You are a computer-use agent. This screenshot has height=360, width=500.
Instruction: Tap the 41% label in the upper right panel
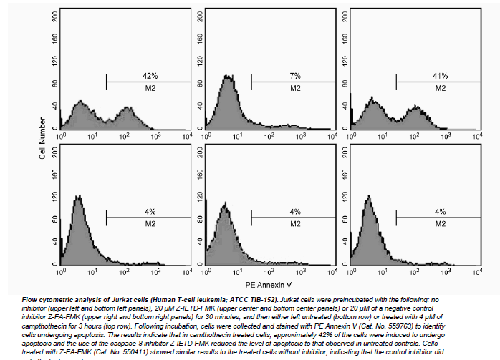click(x=440, y=76)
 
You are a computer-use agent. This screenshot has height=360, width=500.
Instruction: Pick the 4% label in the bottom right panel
click(x=440, y=212)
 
